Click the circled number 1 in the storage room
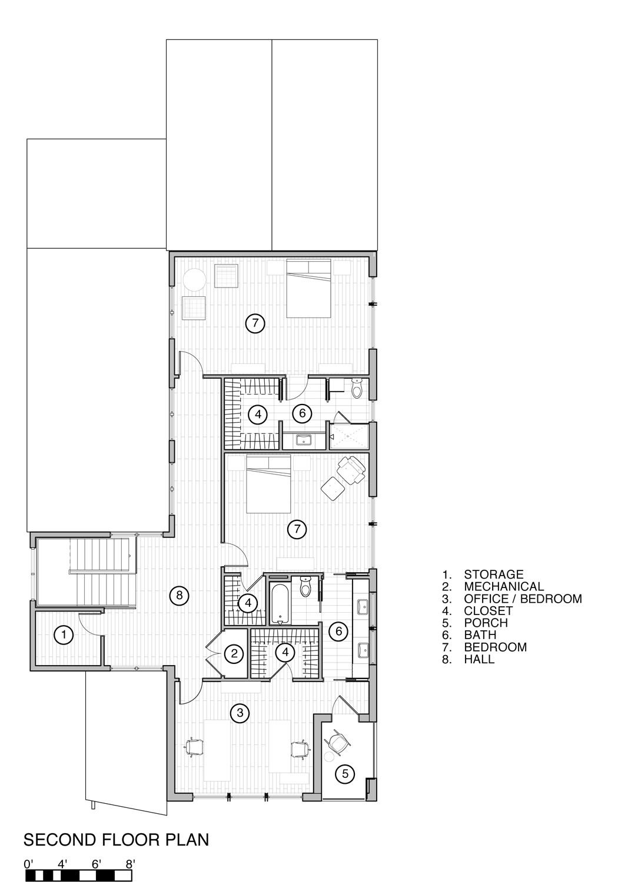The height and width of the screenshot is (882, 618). point(64,634)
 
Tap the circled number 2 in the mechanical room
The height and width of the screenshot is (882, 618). point(234,654)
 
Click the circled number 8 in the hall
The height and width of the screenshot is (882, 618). point(180,595)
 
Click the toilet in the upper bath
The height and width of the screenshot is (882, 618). point(356,388)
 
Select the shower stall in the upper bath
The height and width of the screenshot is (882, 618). point(349,436)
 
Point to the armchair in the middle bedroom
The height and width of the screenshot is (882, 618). point(351,469)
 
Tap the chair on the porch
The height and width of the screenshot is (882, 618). point(338,740)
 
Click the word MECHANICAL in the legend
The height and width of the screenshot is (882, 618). point(504,586)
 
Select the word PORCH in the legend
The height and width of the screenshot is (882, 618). point(486,623)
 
